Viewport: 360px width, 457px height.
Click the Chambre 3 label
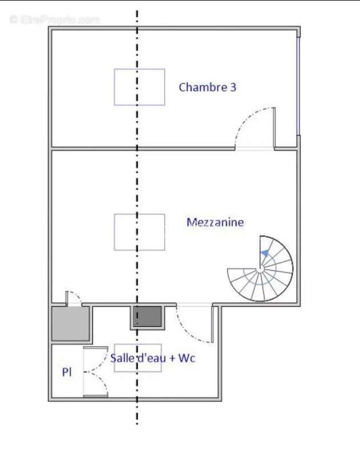pos(207,87)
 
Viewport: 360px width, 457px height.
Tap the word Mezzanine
pos(215,222)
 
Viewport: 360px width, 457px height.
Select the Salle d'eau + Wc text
pos(153,358)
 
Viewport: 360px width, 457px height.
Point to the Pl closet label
pos(67,372)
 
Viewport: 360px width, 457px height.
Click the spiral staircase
pos(261,268)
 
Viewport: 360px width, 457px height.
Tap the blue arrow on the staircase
pos(265,253)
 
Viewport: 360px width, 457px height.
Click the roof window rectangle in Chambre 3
pos(139,87)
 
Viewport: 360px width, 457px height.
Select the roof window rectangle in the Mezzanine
pos(139,232)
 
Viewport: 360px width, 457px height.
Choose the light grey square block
pos(71,324)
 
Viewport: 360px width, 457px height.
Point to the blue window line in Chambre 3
pos(298,86)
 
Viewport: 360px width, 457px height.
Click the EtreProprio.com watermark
pos(55,19)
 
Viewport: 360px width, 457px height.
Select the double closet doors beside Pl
pos(95,372)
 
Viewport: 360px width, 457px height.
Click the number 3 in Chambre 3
pos(233,87)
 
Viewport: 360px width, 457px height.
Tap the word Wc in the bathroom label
pos(187,358)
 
